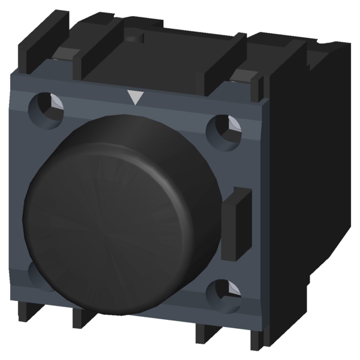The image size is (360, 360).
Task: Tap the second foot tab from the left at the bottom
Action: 84,316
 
